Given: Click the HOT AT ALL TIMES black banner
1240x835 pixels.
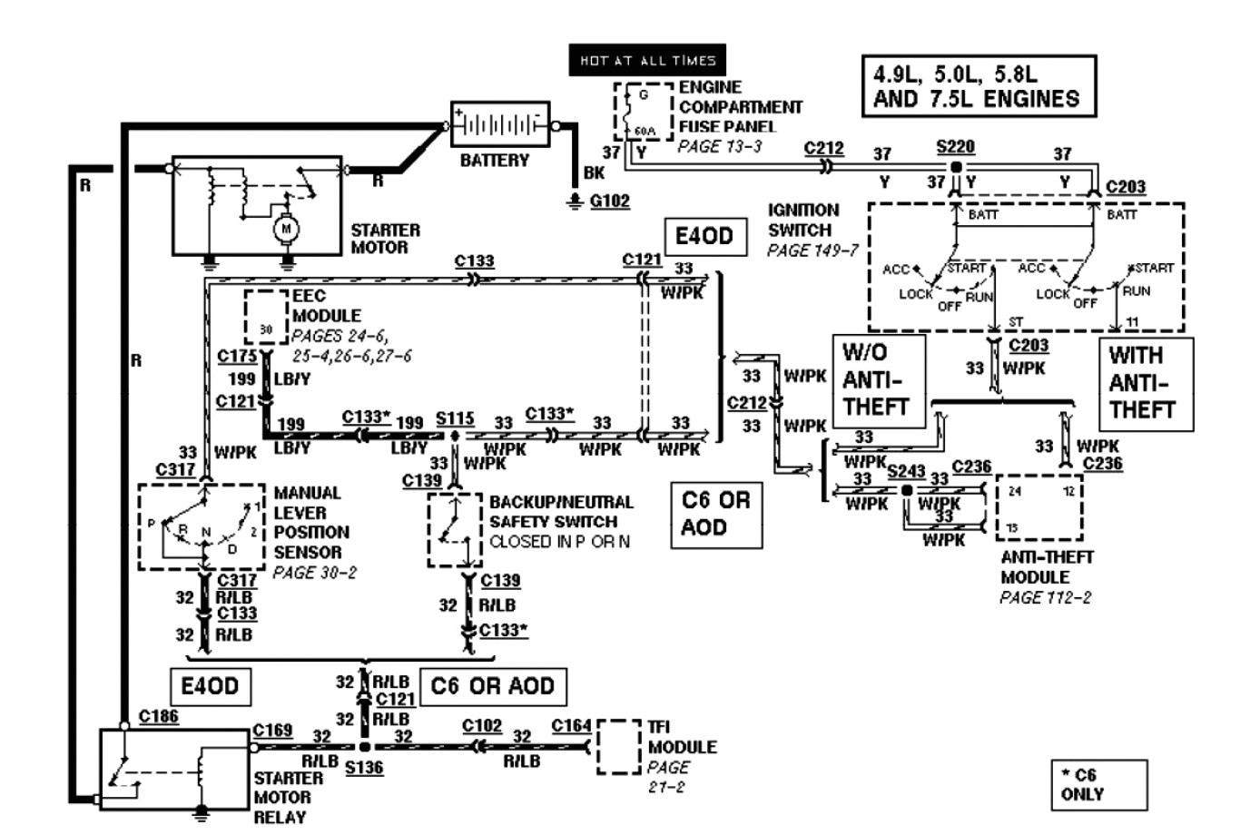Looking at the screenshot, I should coord(647,61).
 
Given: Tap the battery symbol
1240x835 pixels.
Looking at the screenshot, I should coord(500,124).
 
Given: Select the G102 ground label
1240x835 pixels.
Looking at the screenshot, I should coord(609,201).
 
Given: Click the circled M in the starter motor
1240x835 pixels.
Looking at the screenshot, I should coord(286,229).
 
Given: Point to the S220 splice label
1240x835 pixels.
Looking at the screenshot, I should coord(956,146).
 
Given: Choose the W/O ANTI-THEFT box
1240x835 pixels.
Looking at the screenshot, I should coord(878,380).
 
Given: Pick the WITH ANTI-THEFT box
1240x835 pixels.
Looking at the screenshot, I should coord(1145,383).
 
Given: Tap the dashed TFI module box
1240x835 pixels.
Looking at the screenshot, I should coord(619,747).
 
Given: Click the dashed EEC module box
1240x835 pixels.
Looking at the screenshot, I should coord(265,318).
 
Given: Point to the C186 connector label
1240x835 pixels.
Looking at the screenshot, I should coord(158,716).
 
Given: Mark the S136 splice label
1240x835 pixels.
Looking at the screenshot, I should coord(364,768).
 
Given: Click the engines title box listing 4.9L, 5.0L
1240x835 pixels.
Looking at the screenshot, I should coord(978,86).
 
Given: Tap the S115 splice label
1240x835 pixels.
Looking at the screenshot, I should coord(455,418).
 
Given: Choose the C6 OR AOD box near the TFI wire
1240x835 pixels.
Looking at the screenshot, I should coord(492,685).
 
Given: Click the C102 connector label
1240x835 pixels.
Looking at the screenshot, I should coord(481,725).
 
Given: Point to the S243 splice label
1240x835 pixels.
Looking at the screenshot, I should coord(906,471).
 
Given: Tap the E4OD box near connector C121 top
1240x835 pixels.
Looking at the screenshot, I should coord(704,238).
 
